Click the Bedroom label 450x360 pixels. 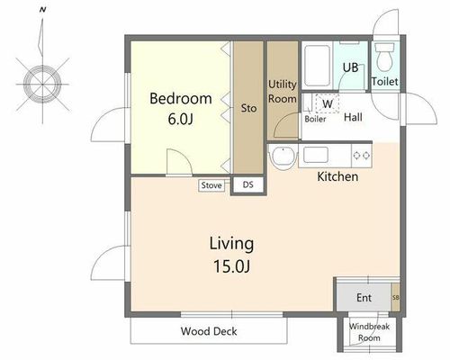click(181, 99)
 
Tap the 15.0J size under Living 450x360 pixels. click(231, 266)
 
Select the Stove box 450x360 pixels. click(211, 185)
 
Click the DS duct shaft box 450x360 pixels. click(248, 184)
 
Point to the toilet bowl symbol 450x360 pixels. click(384, 57)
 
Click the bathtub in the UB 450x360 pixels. click(317, 66)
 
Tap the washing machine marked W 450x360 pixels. click(328, 103)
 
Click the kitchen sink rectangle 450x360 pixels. click(316, 155)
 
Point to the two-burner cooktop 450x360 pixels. click(362, 156)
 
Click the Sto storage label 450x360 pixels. click(248, 108)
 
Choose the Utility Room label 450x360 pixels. click(283, 92)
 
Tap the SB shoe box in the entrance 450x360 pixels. click(395, 297)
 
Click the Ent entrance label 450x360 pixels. click(364, 298)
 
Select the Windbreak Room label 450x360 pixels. click(369, 332)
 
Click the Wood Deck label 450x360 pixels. click(209, 331)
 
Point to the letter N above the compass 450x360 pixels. click(42, 10)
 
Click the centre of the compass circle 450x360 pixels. click(42, 84)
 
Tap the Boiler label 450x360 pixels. click(315, 119)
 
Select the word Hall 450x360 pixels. click(353, 117)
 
